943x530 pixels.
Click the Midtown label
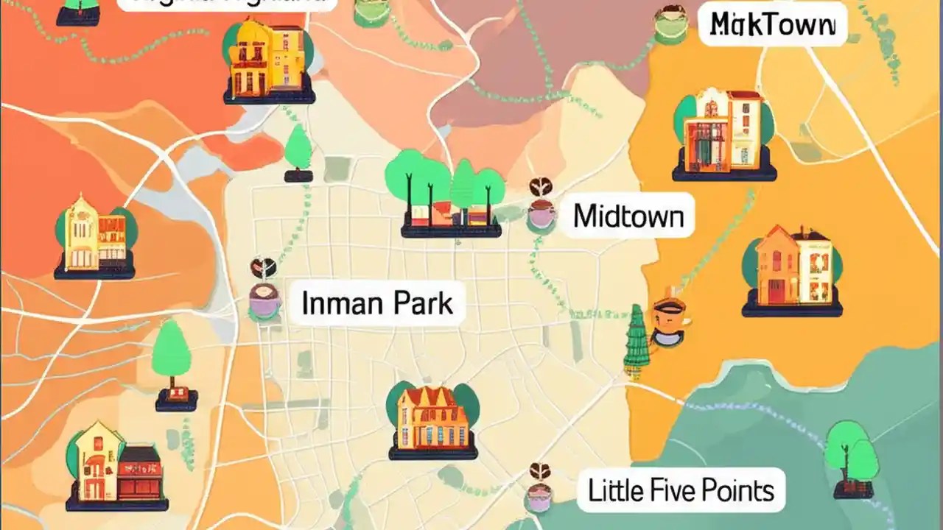[628, 216]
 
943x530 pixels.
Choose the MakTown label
[773, 26]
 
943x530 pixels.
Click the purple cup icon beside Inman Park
[264, 301]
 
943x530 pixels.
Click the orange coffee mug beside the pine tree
[669, 322]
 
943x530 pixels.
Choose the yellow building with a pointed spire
[81, 234]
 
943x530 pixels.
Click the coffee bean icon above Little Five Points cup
[540, 471]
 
